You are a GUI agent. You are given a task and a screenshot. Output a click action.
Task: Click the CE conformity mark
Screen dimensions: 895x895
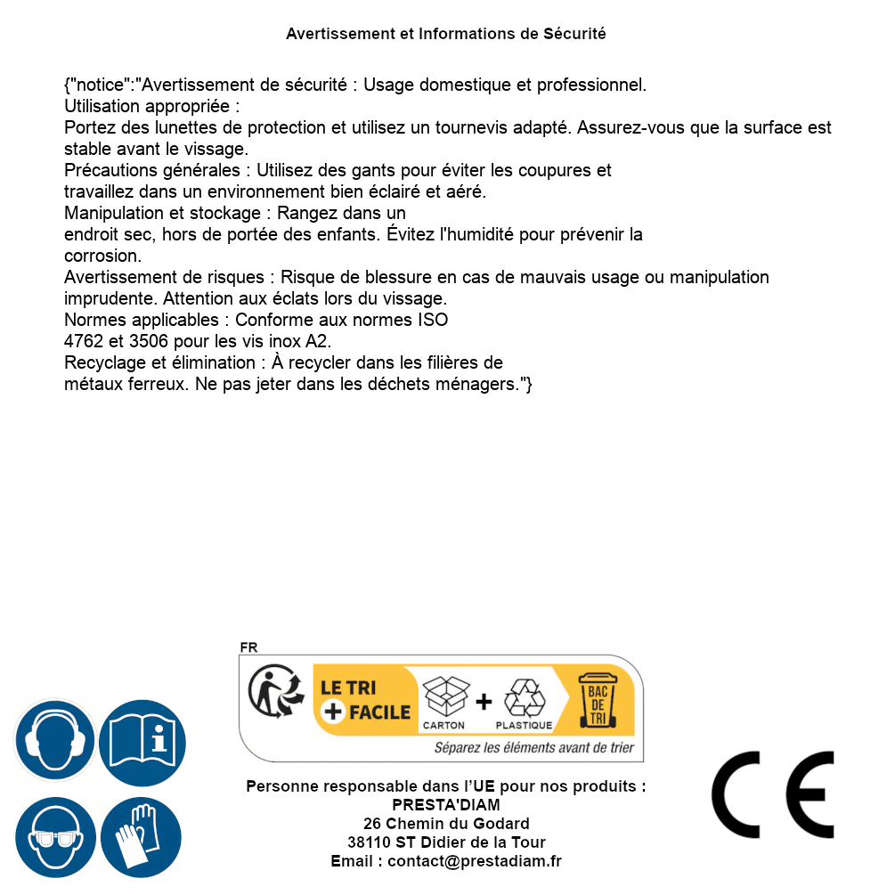pos(772,795)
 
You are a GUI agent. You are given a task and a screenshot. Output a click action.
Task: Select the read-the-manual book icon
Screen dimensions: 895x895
pos(142,741)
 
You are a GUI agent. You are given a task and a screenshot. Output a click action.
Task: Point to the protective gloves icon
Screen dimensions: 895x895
pos(142,837)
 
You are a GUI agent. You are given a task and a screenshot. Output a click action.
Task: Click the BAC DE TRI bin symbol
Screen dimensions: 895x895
pos(596,700)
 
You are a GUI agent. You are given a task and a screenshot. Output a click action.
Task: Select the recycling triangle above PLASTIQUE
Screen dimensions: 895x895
pos(524,698)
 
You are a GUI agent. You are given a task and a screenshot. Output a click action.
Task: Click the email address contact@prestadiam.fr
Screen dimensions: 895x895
pos(475,861)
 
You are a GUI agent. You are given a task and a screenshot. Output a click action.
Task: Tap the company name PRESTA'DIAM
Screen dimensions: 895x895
pos(446,805)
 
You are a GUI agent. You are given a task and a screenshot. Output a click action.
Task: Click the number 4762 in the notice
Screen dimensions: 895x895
pos(84,341)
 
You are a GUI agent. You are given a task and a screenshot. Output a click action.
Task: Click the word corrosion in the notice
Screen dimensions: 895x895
pos(102,256)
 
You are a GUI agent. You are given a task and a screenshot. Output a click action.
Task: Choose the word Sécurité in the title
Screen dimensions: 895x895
pos(574,34)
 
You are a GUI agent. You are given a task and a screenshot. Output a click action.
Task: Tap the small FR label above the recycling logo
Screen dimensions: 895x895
pos(248,647)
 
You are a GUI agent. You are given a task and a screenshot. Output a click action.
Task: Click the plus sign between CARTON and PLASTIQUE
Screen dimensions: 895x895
pos(484,702)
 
